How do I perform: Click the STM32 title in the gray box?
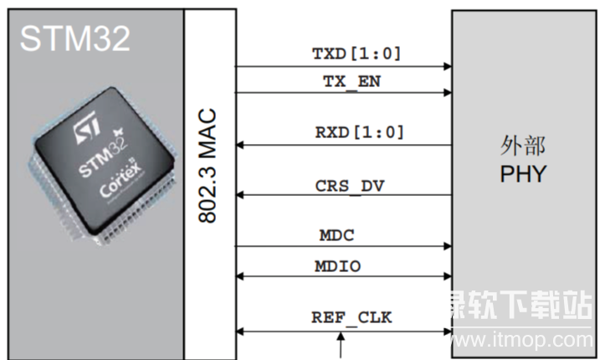click(75, 38)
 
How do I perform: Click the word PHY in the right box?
click(522, 174)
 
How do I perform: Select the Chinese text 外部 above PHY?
click(522, 147)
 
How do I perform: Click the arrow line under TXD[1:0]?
click(344, 66)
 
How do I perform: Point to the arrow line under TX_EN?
click(344, 93)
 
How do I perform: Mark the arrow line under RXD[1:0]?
click(344, 145)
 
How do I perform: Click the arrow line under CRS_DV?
click(344, 196)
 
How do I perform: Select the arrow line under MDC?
click(344, 246)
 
